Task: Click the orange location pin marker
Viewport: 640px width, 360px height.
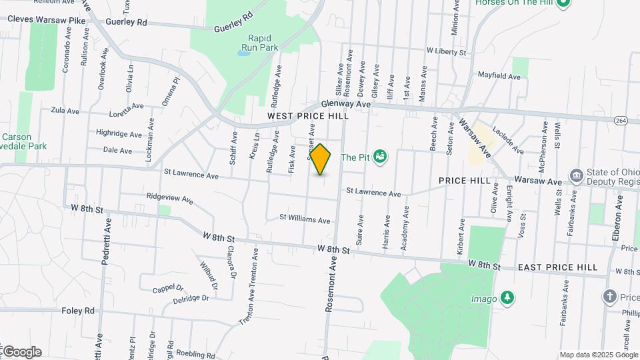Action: [321, 159]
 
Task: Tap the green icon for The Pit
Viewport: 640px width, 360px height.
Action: [381, 157]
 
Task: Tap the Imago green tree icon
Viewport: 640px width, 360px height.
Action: [508, 297]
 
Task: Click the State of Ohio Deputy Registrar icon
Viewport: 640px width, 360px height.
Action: [577, 177]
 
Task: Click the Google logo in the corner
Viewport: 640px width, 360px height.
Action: [22, 352]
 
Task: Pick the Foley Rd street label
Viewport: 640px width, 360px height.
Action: [79, 311]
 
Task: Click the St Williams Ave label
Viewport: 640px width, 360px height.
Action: [305, 219]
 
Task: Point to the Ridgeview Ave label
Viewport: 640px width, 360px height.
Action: [170, 199]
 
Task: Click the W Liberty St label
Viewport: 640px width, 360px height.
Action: [449, 51]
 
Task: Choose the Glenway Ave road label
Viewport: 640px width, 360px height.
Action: [345, 104]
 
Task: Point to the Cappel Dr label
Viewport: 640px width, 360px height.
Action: [167, 288]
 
